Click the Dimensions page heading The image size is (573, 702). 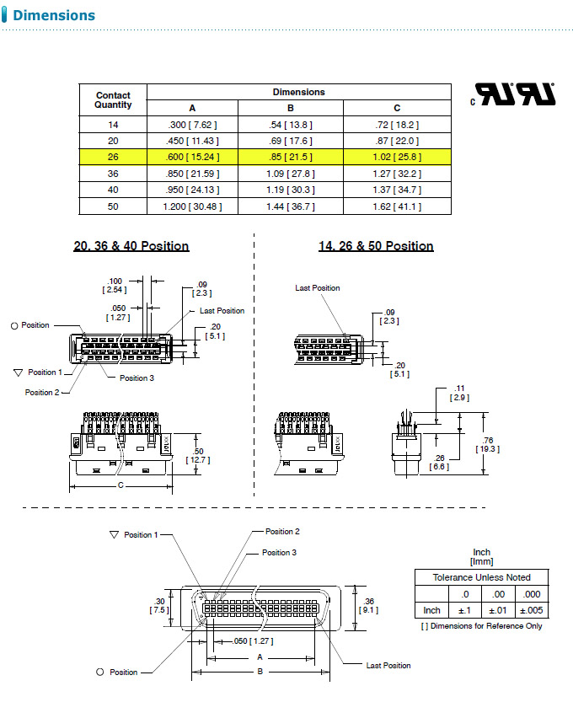54,15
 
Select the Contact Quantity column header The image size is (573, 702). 113,100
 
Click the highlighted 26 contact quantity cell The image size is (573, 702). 113,157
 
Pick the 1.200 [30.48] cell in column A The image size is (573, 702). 192,206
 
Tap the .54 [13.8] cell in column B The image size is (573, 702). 290,125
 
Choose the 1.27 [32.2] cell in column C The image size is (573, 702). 397,174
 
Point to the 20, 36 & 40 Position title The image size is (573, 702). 131,246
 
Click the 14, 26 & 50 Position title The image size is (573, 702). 376,246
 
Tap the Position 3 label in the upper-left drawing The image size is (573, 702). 137,378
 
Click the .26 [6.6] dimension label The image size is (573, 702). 439,463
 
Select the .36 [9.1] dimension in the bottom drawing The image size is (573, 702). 367,604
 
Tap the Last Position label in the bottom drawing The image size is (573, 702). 388,666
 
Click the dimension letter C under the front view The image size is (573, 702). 120,486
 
